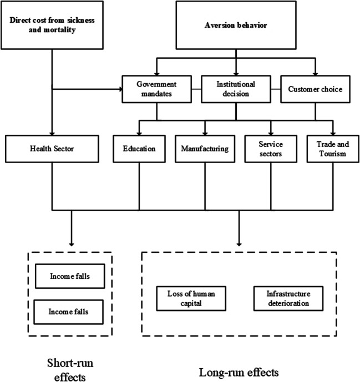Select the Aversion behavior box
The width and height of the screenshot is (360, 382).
(237, 25)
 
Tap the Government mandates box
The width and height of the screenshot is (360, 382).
(156, 88)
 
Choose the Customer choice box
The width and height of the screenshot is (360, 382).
(315, 88)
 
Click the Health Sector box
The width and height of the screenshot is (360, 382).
(53, 149)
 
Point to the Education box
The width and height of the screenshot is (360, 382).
(139, 149)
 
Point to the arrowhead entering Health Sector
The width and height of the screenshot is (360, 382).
(53, 132)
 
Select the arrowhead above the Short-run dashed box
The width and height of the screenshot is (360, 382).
(72, 244)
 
